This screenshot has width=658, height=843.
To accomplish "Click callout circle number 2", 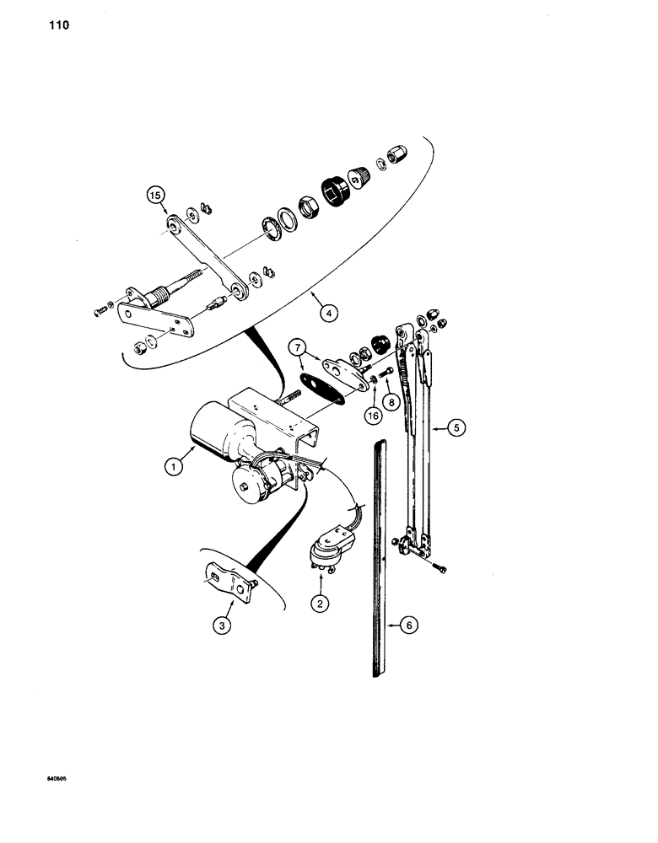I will coord(319,604).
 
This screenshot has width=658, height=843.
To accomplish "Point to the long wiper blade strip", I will coord(377,556).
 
